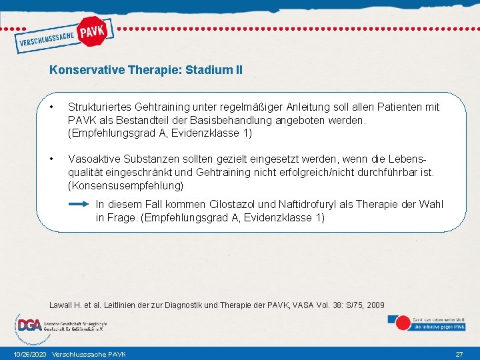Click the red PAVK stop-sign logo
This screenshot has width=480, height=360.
[91, 31]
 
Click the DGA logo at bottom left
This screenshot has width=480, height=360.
[30, 325]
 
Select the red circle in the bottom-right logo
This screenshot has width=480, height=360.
[403, 323]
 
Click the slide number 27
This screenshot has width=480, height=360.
[459, 353]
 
